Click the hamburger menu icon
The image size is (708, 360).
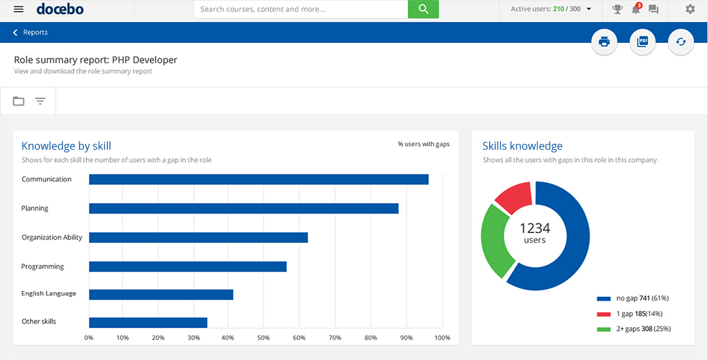click(x=18, y=9)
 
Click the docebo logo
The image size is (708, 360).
click(x=60, y=9)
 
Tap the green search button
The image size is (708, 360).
click(x=423, y=9)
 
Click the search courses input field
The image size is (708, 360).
click(x=300, y=9)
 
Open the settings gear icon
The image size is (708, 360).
click(x=690, y=9)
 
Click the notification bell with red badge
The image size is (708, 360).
click(x=636, y=9)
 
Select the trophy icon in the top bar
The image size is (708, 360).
click(x=617, y=9)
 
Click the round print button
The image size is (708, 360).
click(x=604, y=42)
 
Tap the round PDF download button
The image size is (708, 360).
click(x=642, y=42)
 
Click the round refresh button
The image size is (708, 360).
click(x=681, y=42)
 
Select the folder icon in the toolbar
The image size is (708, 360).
click(x=19, y=101)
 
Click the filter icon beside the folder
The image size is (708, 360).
click(x=40, y=101)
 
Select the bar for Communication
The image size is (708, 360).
click(x=259, y=179)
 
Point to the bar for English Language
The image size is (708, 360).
click(x=161, y=294)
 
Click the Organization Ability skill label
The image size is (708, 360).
click(x=52, y=238)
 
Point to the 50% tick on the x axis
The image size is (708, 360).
click(x=263, y=338)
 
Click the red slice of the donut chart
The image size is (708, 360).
click(x=515, y=197)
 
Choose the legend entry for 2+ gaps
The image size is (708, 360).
click(x=634, y=329)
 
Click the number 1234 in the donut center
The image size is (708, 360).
click(x=535, y=228)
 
